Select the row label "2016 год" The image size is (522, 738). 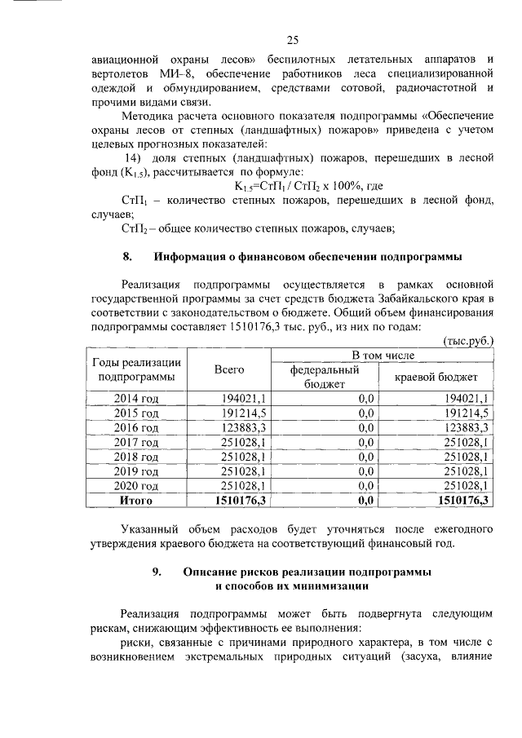coord(136,427)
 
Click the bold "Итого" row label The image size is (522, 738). coord(136,500)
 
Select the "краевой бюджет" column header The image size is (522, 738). coord(436,377)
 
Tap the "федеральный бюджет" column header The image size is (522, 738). coord(325,376)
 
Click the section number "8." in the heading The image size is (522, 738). coord(127,257)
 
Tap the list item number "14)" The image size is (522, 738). coord(133,157)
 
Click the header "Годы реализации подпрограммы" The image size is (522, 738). coord(136,369)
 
